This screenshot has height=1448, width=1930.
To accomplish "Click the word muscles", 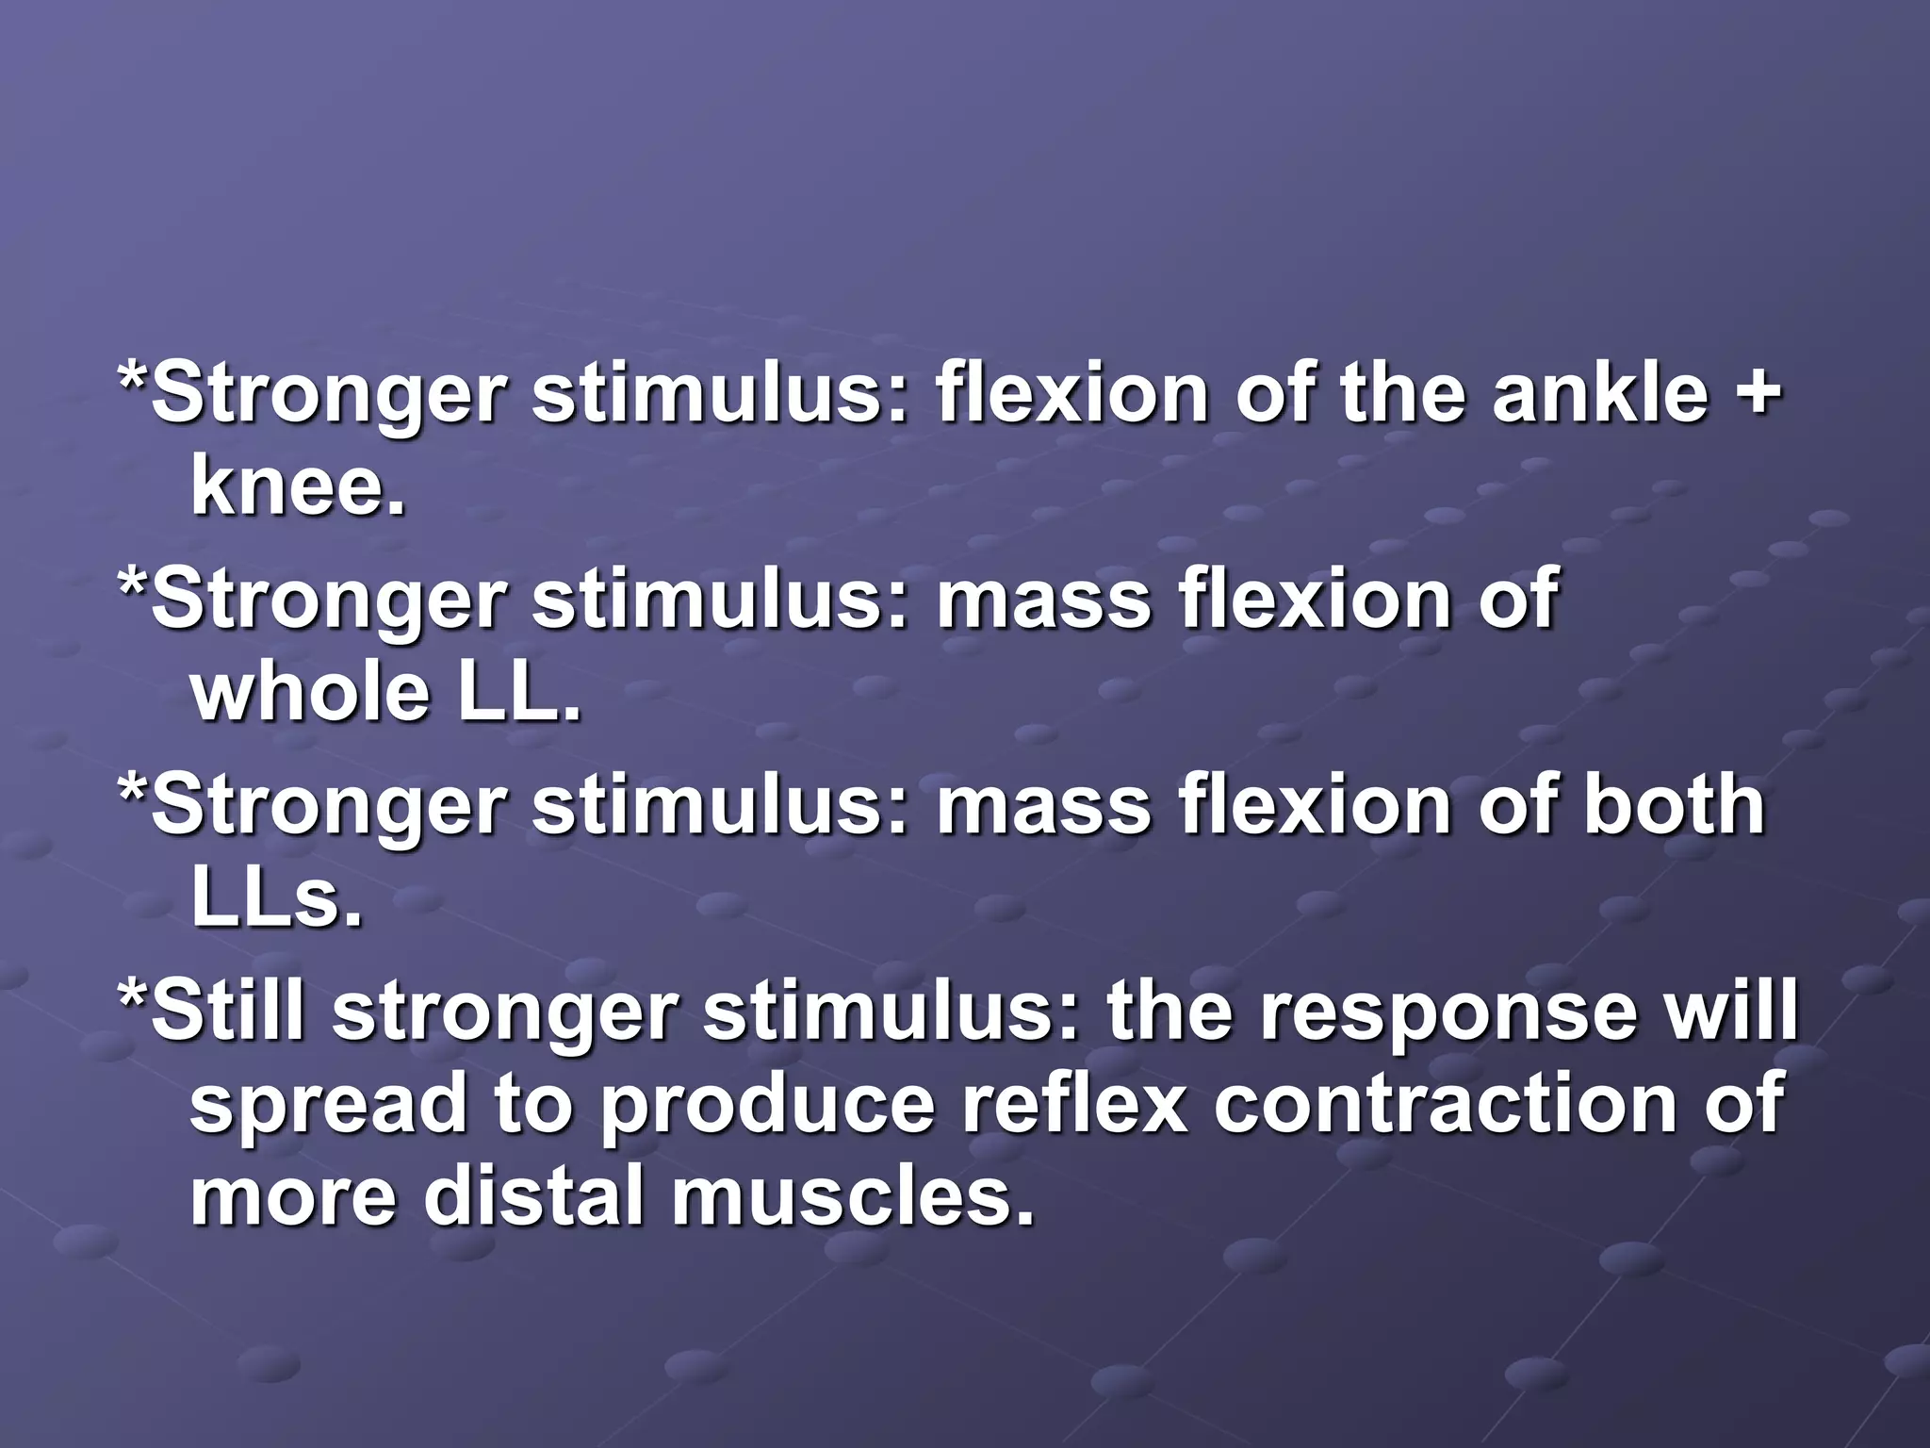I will [852, 1196].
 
